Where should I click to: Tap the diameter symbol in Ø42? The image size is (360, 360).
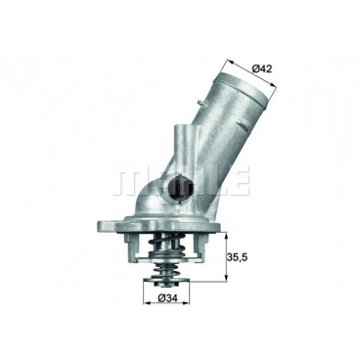pos(256,68)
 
